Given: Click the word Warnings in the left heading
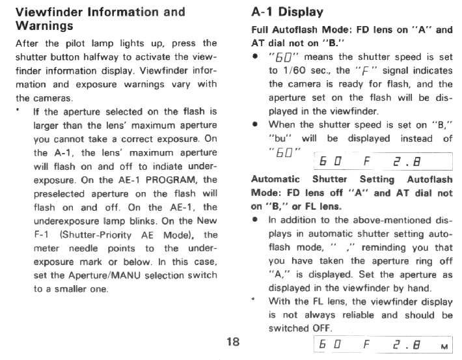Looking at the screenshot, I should click(x=44, y=27).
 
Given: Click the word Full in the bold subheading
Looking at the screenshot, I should click(x=262, y=30).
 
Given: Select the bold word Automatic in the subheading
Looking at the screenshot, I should click(x=275, y=179).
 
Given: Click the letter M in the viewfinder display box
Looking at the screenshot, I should click(x=444, y=347).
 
